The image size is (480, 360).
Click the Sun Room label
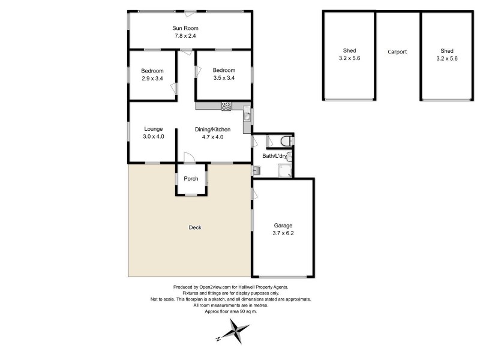(185, 28)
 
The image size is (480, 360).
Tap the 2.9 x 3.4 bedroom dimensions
(152, 78)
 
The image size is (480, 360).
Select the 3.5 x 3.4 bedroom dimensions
(223, 78)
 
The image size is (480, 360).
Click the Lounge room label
(154, 129)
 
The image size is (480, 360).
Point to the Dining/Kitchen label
(213, 129)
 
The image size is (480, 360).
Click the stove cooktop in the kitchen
(226, 106)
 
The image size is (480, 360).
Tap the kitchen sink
(247, 116)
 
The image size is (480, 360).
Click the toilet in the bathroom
(287, 141)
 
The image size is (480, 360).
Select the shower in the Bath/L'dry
(284, 170)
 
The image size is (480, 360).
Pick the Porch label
(191, 179)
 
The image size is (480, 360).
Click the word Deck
(195, 227)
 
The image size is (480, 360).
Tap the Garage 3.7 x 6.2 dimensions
(283, 233)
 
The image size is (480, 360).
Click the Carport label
(397, 52)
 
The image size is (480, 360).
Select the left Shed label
(349, 51)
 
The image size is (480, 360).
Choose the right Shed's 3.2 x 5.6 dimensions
(446, 59)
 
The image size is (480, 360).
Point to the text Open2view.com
(211, 287)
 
